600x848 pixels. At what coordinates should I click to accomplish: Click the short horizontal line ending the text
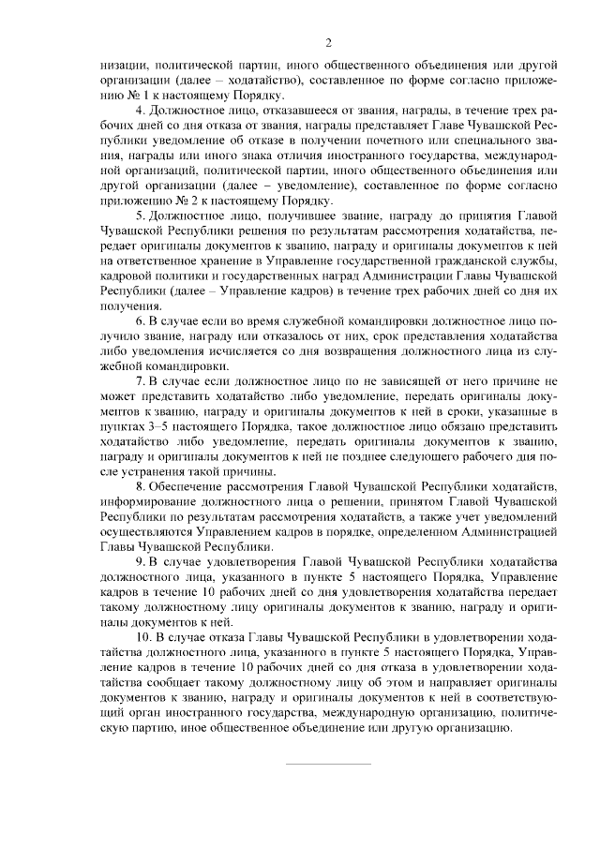pyautogui.click(x=328, y=765)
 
